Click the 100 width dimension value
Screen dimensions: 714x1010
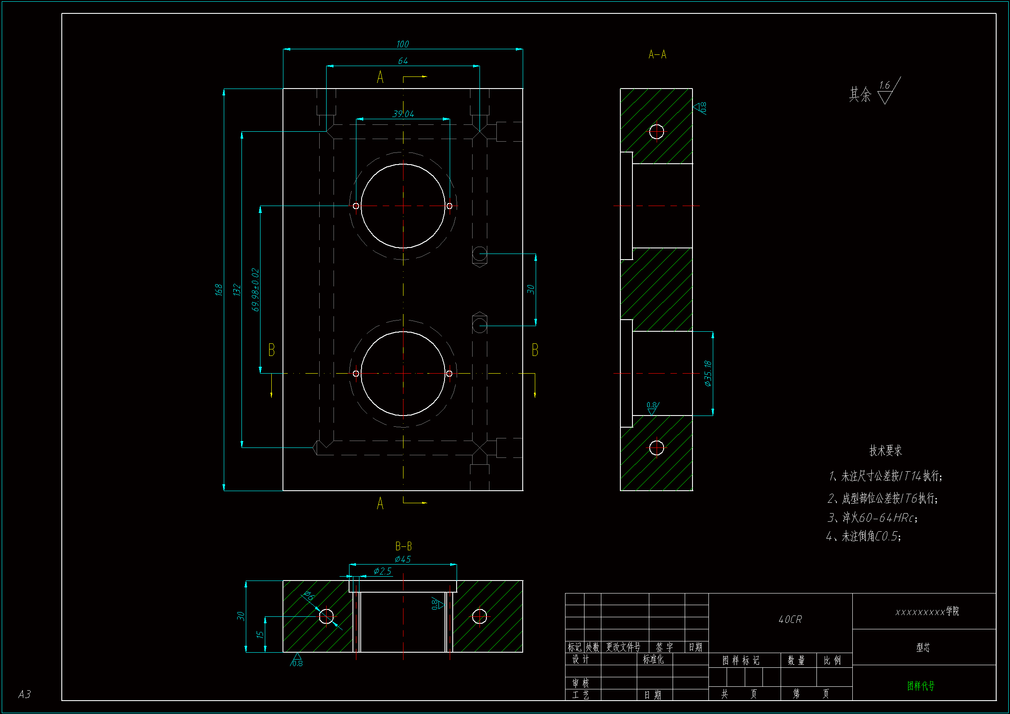pos(403,44)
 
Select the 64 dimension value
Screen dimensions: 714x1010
pos(403,61)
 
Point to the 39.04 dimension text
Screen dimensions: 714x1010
pos(403,114)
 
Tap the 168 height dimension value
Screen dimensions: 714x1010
pos(219,289)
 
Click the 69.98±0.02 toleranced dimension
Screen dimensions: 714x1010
pos(255,289)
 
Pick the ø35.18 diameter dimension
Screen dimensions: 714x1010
pos(708,373)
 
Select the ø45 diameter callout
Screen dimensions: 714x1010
pos(403,559)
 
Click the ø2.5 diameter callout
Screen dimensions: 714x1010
pos(382,571)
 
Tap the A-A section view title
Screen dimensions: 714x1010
pos(657,54)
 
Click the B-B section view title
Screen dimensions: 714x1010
pos(403,546)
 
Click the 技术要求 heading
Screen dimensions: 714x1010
pos(886,451)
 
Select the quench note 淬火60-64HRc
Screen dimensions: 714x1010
pos(873,518)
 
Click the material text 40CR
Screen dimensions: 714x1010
pos(790,619)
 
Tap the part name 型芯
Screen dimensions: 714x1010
pos(923,647)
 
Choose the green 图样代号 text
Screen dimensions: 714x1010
pos(921,685)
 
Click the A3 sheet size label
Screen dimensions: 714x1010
pos(25,694)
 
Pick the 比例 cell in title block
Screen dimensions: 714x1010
pos(832,660)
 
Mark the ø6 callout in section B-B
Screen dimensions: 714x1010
pos(309,596)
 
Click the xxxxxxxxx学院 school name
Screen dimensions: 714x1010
pos(927,612)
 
